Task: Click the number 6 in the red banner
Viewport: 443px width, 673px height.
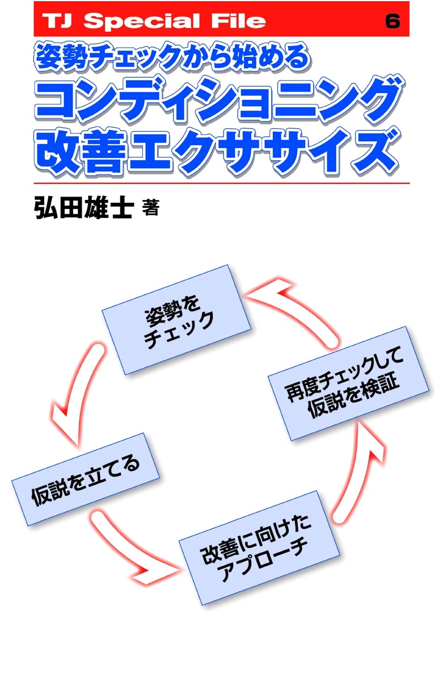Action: click(x=393, y=20)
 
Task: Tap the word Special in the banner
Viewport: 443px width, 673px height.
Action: click(x=141, y=20)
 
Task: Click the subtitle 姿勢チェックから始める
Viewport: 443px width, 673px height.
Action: click(x=172, y=57)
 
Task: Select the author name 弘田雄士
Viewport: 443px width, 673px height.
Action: click(x=83, y=208)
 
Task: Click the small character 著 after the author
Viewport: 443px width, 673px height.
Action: click(x=150, y=208)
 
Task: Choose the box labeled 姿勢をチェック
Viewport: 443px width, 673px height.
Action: click(x=176, y=320)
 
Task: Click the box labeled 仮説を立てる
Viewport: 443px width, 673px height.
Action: click(x=85, y=479)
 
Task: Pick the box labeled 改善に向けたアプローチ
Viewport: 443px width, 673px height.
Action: click(x=259, y=548)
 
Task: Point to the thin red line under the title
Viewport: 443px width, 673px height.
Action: click(x=222, y=183)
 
